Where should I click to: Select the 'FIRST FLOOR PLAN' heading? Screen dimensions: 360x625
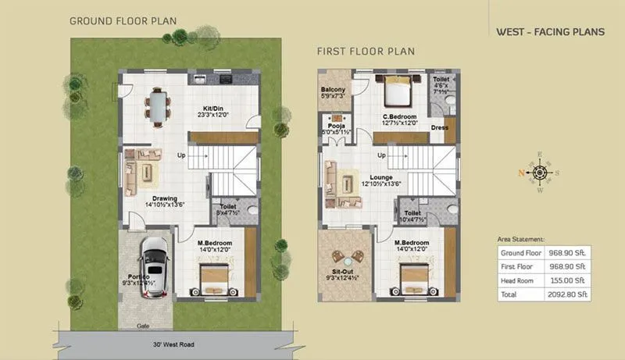365,52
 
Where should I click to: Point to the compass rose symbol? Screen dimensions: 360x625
539,173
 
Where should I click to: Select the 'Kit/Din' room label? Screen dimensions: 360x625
215,107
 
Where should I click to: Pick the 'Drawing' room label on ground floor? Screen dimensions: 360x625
164,198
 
